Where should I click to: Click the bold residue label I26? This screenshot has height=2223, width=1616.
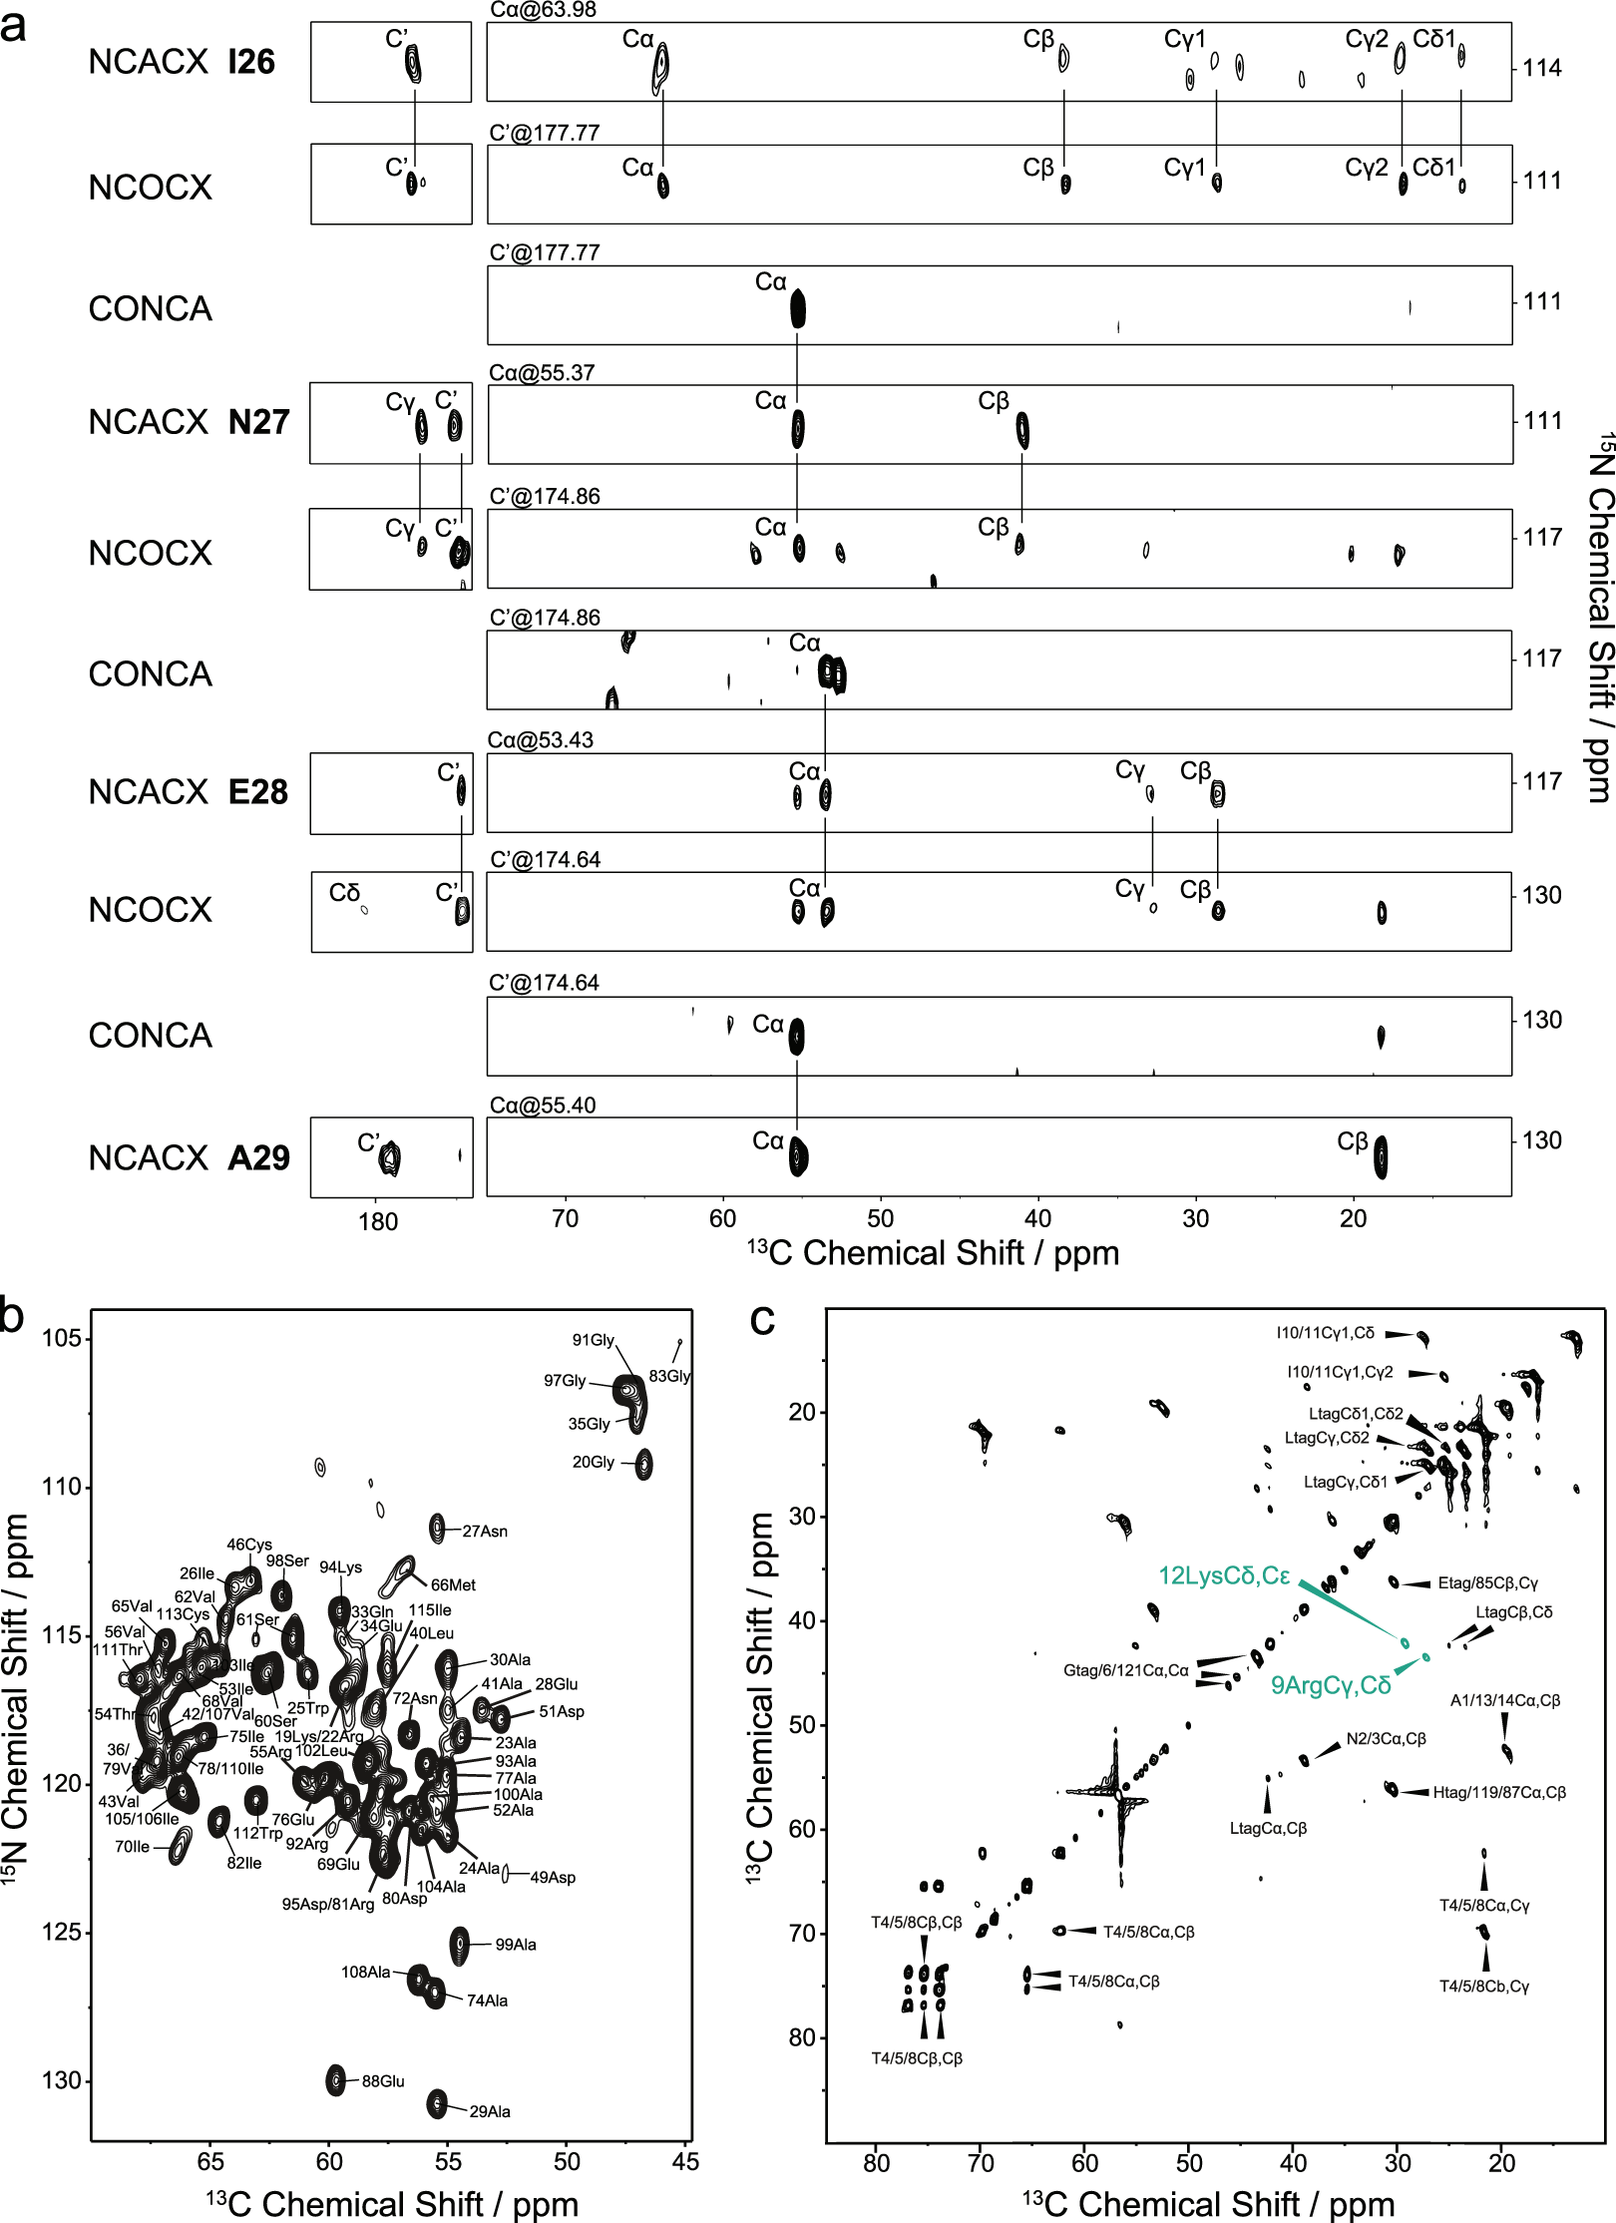coord(250,63)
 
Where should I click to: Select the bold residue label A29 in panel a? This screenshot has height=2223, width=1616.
coord(258,1158)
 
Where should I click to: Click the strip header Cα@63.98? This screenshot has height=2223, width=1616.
coord(544,11)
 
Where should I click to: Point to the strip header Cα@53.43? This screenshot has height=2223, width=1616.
coord(541,740)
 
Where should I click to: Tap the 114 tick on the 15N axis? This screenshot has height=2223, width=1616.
coord(1541,69)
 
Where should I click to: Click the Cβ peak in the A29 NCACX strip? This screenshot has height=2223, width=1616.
coord(1381,1157)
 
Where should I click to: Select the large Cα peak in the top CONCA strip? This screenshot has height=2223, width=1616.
coord(797,308)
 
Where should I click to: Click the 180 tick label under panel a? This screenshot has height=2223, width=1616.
coord(378,1222)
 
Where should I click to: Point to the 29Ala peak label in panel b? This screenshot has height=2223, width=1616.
coord(490,2111)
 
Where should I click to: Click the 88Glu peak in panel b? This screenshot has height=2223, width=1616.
coord(336,2080)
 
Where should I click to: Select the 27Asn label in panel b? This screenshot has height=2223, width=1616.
coord(485,1532)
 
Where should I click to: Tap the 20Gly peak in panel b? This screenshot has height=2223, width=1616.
coord(644,1464)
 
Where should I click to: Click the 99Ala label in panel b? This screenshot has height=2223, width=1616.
coord(516,1945)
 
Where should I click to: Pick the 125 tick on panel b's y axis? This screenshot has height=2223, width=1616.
coord(62,1933)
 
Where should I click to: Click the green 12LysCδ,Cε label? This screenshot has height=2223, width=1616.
coord(1224,1575)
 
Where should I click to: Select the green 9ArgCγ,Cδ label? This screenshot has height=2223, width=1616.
coord(1330,1685)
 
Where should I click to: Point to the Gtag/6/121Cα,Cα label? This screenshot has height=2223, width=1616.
coord(1125,1670)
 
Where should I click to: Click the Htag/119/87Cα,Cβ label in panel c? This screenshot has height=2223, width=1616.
coord(1498,1792)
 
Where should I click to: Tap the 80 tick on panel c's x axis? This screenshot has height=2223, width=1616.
coord(876,2163)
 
